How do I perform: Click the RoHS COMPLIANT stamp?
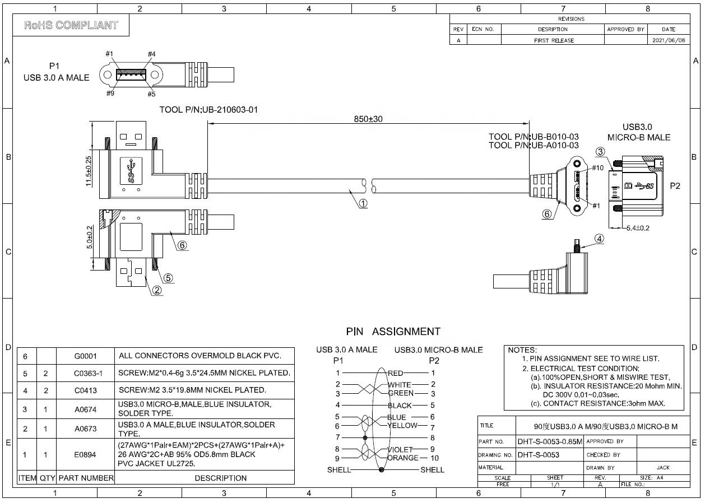(x=71, y=25)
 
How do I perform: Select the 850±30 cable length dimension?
(x=368, y=119)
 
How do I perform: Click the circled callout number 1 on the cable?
(x=363, y=203)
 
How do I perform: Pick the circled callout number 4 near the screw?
(x=599, y=239)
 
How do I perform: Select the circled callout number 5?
(x=168, y=277)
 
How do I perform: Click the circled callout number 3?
(x=600, y=152)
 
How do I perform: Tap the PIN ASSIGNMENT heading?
(x=393, y=332)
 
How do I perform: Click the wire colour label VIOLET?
(x=400, y=449)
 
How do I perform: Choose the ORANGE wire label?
(x=402, y=458)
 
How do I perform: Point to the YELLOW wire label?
(x=402, y=425)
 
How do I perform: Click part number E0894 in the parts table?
(x=85, y=455)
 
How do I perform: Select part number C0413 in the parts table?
(x=85, y=390)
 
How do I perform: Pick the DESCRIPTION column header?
(x=220, y=478)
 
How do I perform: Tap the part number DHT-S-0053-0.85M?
(x=550, y=441)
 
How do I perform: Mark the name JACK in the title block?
(x=663, y=467)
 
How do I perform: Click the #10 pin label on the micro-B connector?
(x=597, y=167)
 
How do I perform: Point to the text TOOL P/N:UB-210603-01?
(x=209, y=110)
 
